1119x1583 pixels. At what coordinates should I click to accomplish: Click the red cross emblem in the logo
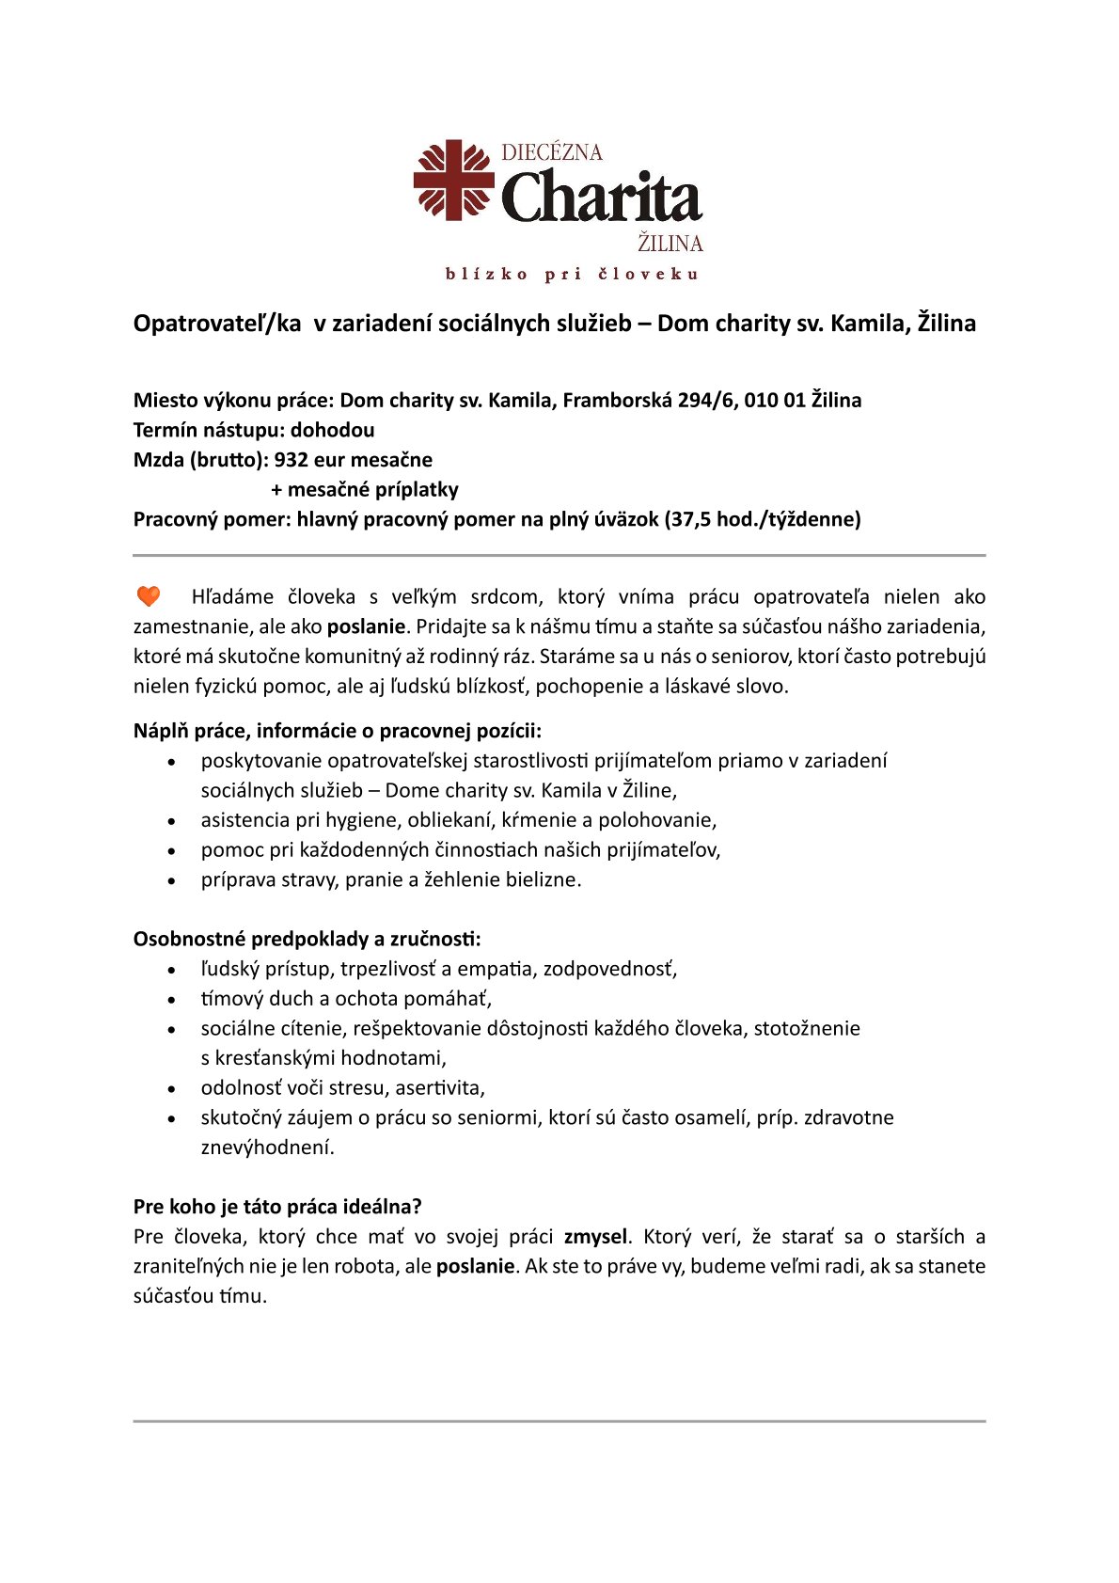[x=454, y=180]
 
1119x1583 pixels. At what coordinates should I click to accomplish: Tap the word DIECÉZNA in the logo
[x=552, y=152]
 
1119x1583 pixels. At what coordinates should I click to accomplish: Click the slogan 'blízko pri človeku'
[x=572, y=275]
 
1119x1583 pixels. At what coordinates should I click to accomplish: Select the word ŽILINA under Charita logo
[x=670, y=244]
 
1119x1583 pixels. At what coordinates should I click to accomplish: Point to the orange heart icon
[x=149, y=596]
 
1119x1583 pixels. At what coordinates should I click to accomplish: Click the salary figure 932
[x=292, y=460]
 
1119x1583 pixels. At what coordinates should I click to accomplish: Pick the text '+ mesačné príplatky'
[x=365, y=490]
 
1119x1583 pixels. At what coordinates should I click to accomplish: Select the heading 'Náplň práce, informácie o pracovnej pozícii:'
[x=338, y=731]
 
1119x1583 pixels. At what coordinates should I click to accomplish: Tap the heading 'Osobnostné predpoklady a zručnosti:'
[x=307, y=939]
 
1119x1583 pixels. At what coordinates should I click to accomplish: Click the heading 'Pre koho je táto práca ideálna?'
[x=277, y=1207]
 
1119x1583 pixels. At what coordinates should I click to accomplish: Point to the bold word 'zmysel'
[x=594, y=1237]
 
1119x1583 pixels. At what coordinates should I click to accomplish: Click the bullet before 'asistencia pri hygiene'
[x=171, y=821]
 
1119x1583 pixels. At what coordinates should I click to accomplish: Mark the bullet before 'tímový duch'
[x=171, y=999]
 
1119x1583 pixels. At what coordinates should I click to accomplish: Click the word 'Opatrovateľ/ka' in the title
[x=217, y=324]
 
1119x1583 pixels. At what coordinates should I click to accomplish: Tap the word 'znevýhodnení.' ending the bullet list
[x=267, y=1148]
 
